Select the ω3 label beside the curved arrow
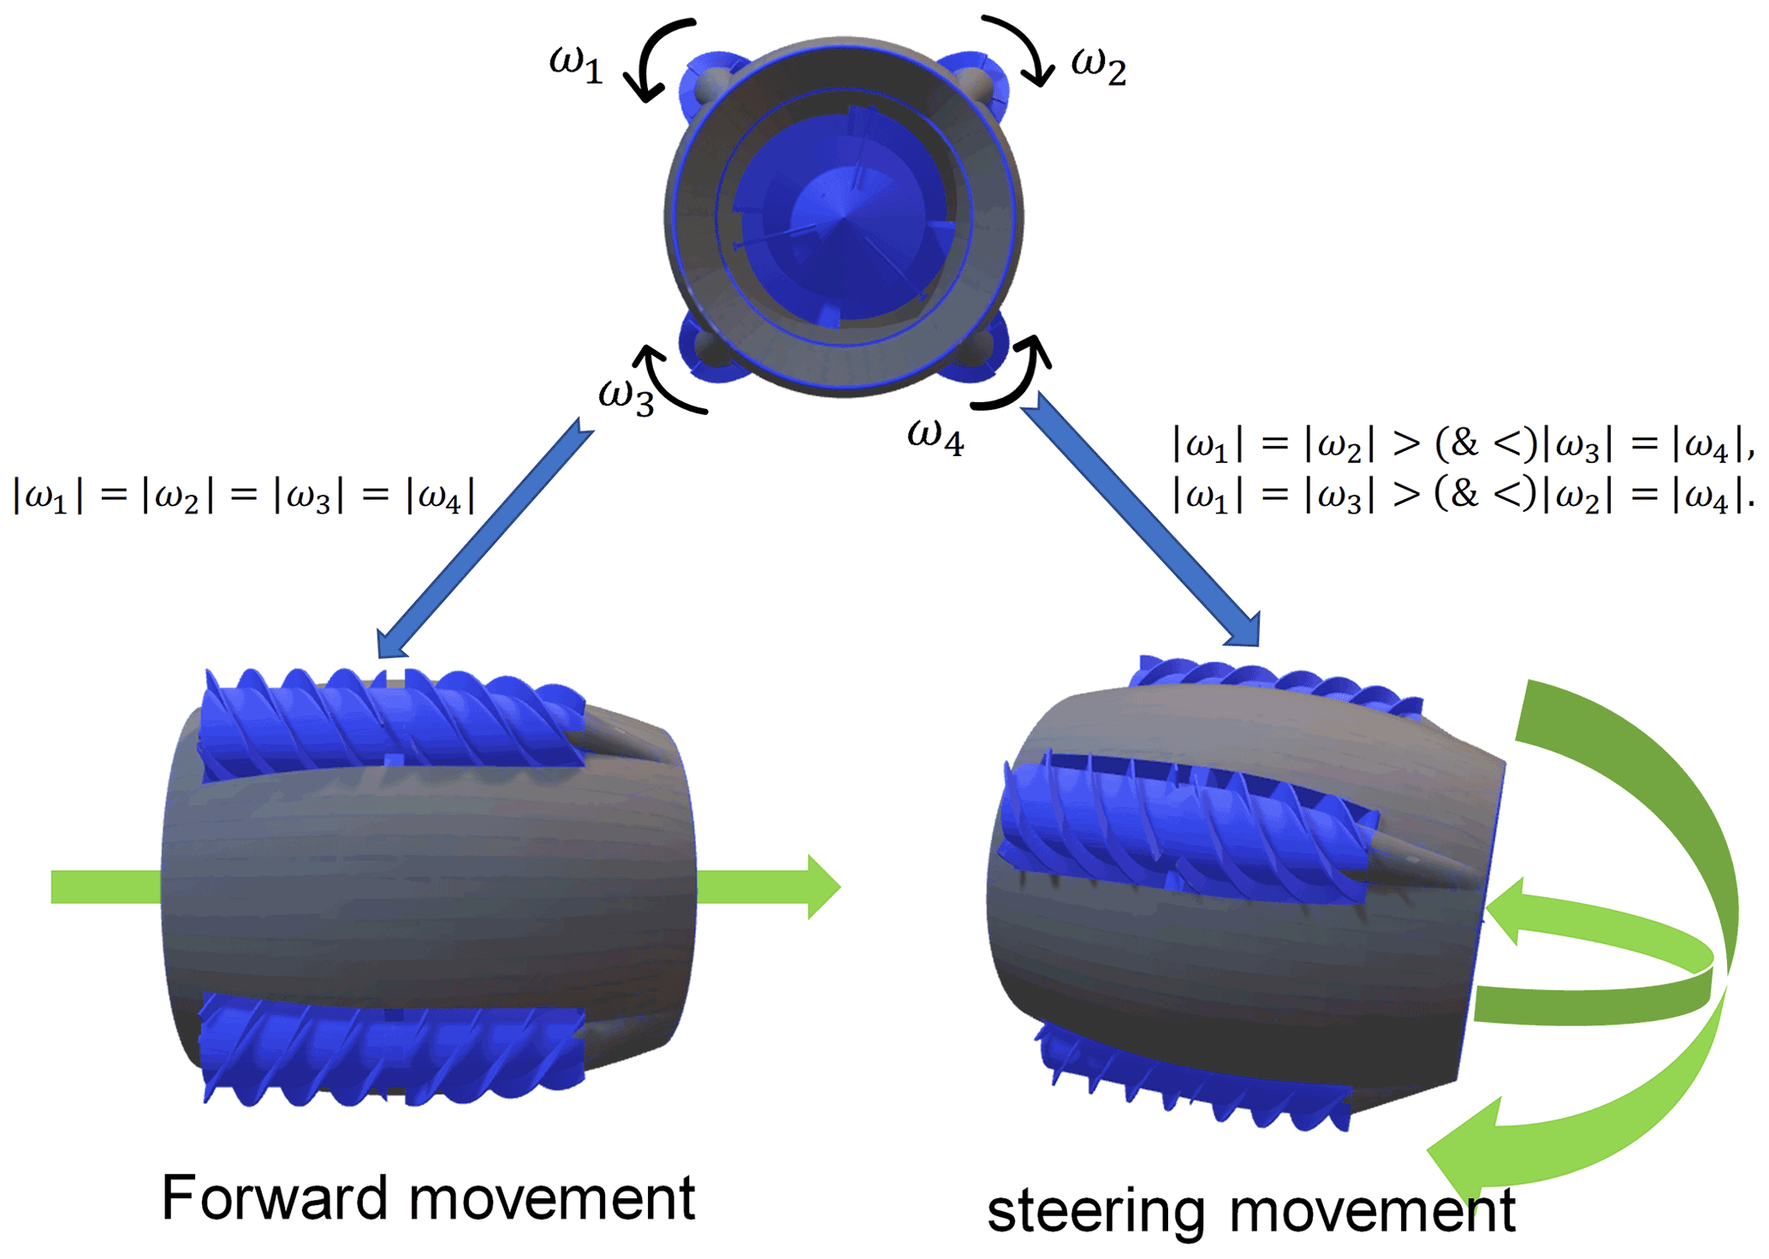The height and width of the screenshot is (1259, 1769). tap(626, 395)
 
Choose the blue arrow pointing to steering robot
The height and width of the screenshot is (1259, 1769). tap(1141, 520)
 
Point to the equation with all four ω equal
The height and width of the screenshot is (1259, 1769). tap(244, 496)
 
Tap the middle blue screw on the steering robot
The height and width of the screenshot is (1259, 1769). tap(1185, 830)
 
